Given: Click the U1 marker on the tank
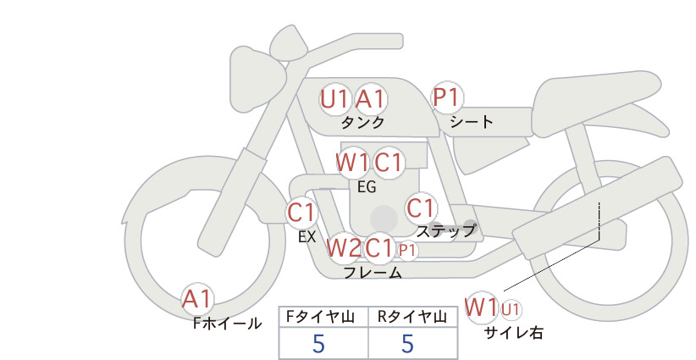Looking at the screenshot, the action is click(334, 99).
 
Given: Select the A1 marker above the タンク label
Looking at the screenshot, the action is click(370, 99).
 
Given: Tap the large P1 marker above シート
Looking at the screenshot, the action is click(447, 97).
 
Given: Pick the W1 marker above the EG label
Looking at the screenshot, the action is click(352, 163).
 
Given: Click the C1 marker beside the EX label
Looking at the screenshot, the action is click(301, 213).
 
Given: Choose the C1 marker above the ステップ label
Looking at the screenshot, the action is click(421, 208).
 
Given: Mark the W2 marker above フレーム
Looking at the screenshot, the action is click(344, 248).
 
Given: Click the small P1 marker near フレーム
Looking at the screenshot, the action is click(407, 251).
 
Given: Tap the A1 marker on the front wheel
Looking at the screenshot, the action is click(197, 299).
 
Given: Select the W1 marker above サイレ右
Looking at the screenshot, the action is click(482, 307).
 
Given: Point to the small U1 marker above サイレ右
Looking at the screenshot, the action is click(511, 309).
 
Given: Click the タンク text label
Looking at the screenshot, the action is click(362, 122).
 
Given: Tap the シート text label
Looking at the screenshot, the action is click(472, 121).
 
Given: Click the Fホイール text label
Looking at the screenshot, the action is click(227, 324).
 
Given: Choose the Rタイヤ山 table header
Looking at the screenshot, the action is click(412, 317).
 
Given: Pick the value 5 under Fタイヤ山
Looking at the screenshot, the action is click(318, 343).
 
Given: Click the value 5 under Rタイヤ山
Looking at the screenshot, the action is click(407, 343).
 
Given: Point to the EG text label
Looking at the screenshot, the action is click(367, 187).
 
